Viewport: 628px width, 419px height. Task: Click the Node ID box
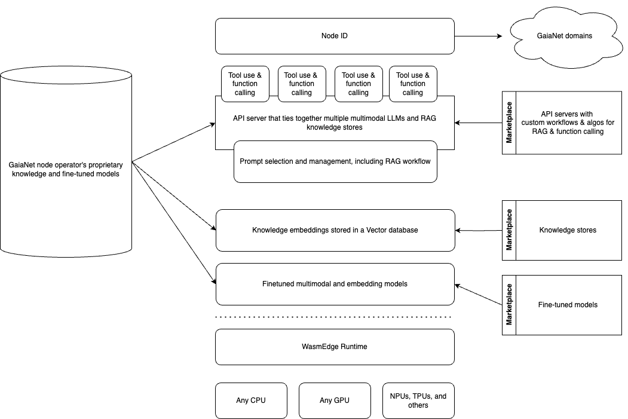(335, 36)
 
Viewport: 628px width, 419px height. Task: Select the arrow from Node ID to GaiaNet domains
(478, 36)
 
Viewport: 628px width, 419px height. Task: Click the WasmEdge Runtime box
(335, 347)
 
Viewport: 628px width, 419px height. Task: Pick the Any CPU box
(251, 400)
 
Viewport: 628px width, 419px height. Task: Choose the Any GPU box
(335, 400)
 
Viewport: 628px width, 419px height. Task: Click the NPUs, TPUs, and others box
(418, 400)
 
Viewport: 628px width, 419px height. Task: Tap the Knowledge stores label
(568, 230)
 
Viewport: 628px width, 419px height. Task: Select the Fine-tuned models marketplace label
(568, 305)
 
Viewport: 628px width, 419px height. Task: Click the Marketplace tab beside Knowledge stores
(509, 230)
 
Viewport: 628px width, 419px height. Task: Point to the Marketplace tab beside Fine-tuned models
(509, 305)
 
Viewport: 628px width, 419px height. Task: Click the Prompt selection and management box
(335, 162)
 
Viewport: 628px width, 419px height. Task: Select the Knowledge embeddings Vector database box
(335, 230)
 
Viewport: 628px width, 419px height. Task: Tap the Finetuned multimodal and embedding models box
(335, 284)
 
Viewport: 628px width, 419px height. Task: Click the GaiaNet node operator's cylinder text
(66, 169)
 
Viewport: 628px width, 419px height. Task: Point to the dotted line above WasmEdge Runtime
(333, 317)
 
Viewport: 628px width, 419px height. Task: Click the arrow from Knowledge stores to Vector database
(479, 230)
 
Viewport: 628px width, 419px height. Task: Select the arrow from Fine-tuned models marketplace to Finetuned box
(479, 295)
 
